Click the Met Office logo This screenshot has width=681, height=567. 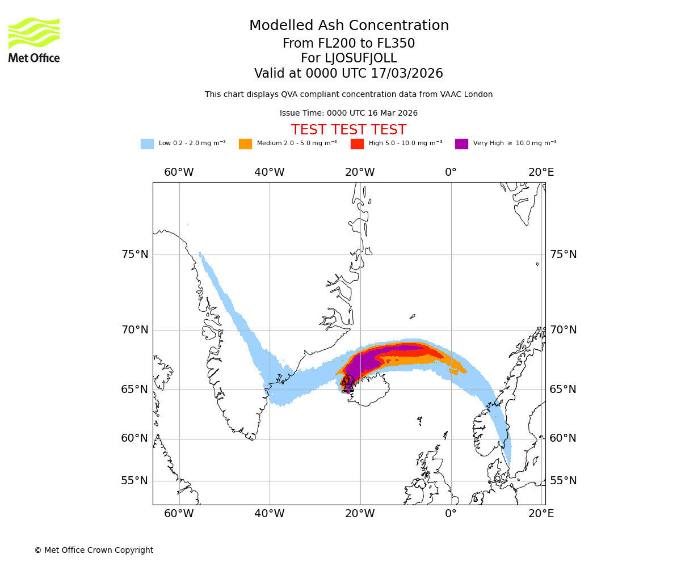tap(34, 40)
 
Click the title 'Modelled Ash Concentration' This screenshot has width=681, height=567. tap(348, 26)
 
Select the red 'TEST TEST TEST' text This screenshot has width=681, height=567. tap(348, 130)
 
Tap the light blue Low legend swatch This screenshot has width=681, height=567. tap(147, 144)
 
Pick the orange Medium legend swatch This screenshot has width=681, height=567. tap(245, 144)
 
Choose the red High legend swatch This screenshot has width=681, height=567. tap(357, 144)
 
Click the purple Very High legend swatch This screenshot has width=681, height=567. tap(461, 144)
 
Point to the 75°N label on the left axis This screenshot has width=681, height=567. tap(134, 255)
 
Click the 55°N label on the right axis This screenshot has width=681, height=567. tap(563, 481)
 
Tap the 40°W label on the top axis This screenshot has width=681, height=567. tap(270, 172)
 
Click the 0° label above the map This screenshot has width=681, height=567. tap(451, 172)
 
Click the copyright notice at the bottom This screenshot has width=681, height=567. tap(94, 551)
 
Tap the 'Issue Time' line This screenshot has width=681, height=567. tap(348, 113)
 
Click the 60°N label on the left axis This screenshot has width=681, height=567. tap(134, 438)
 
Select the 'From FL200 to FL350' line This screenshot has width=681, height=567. tap(348, 44)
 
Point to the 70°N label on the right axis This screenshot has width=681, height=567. tap(563, 330)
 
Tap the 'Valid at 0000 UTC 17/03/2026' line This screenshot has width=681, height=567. tap(348, 74)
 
